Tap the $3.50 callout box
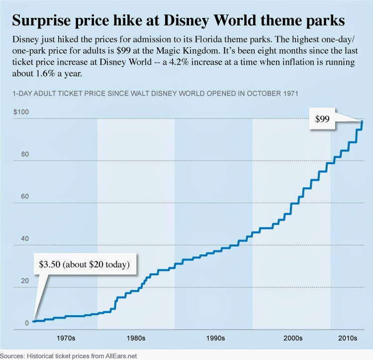(x=84, y=264)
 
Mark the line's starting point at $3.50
(x=33, y=321)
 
